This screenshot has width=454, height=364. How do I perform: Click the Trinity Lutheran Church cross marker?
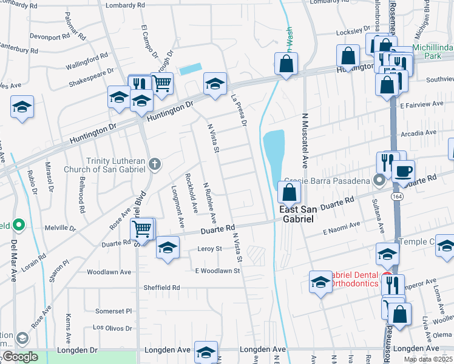[x=155, y=163]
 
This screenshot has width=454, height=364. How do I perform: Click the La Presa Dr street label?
[x=240, y=110]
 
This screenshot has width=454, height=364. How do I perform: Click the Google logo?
[x=19, y=357]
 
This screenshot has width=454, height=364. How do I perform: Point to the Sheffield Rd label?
[x=161, y=287]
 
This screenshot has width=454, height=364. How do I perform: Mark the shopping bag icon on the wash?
[x=286, y=63]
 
